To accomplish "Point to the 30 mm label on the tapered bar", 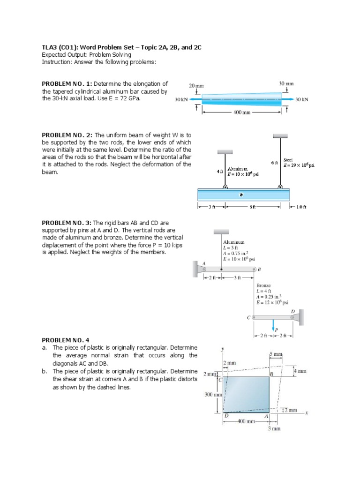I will point(286,83).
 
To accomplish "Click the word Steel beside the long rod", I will point(289,160).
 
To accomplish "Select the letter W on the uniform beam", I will point(241,195).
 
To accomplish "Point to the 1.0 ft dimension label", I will point(302,207).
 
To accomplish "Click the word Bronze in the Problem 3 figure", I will point(263,285).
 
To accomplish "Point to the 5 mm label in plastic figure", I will point(276,354).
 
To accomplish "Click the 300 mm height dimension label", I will point(213,395).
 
